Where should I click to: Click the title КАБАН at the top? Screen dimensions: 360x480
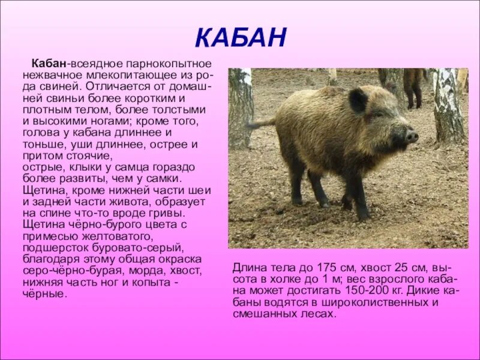240,37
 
